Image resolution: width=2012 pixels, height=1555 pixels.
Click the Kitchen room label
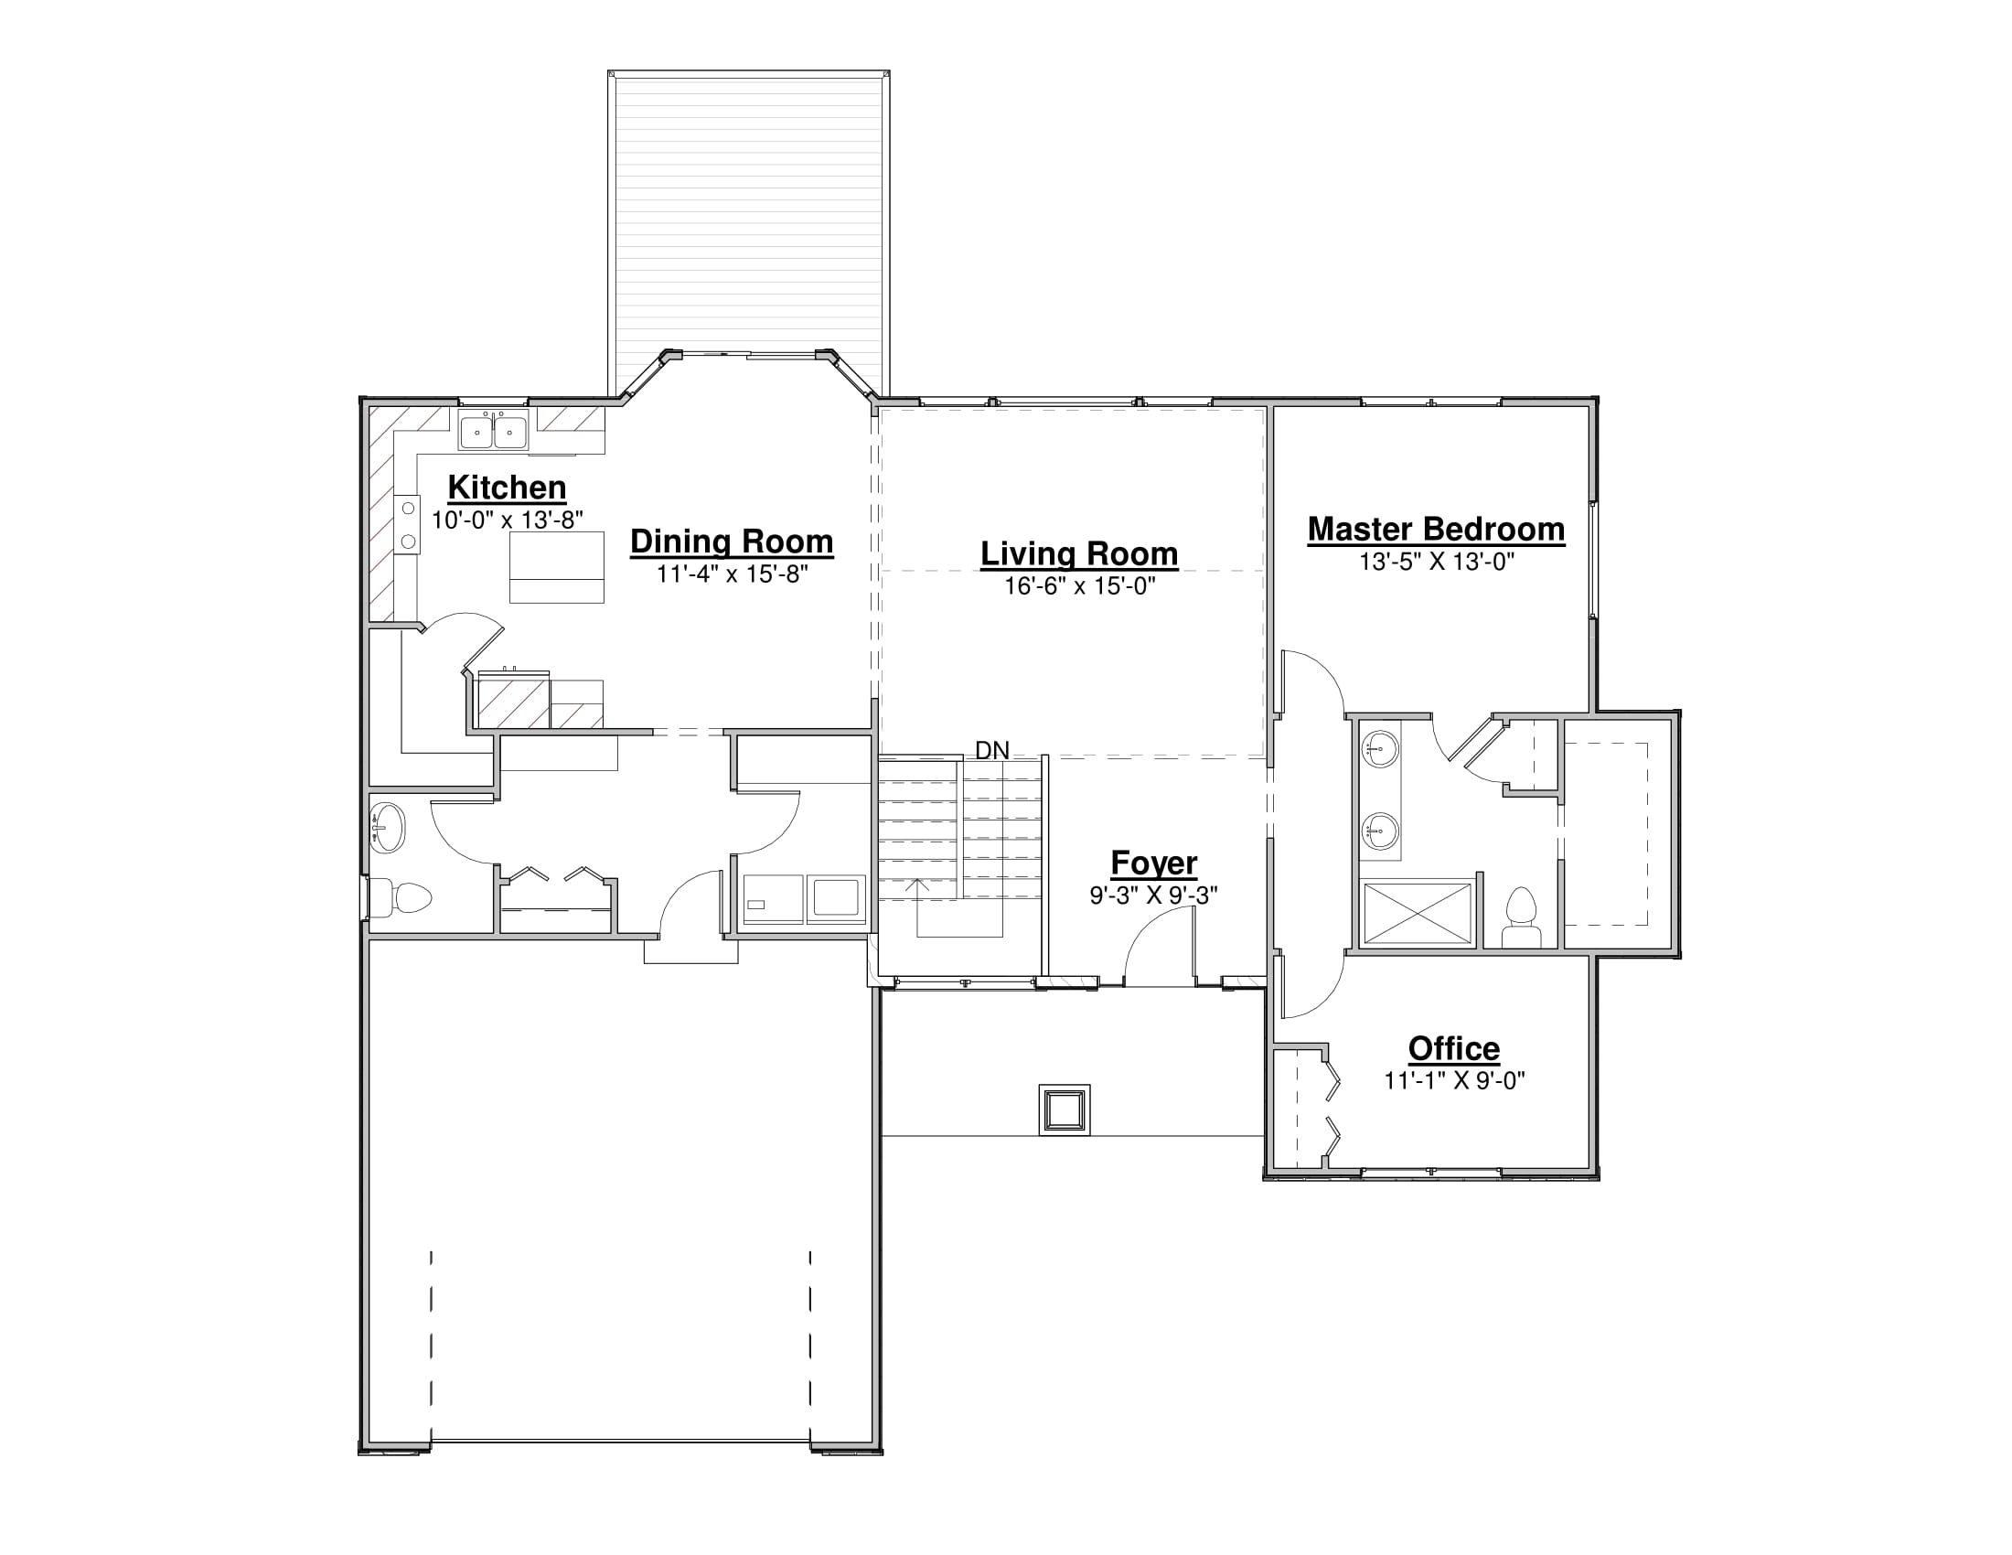point(507,488)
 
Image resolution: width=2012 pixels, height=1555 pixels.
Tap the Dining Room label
point(732,542)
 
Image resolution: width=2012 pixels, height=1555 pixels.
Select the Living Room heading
point(1079,553)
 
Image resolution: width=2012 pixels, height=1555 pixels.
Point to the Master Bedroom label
point(1436,530)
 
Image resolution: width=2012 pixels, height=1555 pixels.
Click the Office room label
point(1454,1048)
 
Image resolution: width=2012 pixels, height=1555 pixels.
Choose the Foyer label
point(1153,863)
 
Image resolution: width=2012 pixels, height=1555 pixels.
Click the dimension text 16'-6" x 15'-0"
point(1079,586)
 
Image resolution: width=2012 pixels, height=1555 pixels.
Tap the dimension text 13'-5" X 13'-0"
point(1436,562)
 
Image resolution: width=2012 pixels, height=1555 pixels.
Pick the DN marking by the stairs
point(992,751)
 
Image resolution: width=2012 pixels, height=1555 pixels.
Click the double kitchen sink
point(494,431)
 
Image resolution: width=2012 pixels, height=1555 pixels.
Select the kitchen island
point(556,567)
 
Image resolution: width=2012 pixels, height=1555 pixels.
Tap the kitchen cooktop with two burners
point(407,524)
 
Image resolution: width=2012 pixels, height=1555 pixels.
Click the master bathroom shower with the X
point(1417,913)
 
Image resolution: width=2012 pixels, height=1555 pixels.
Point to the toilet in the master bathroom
point(1521,917)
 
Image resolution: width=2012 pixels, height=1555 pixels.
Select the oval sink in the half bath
point(387,827)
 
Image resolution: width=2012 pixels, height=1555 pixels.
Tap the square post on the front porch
point(1064,1110)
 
